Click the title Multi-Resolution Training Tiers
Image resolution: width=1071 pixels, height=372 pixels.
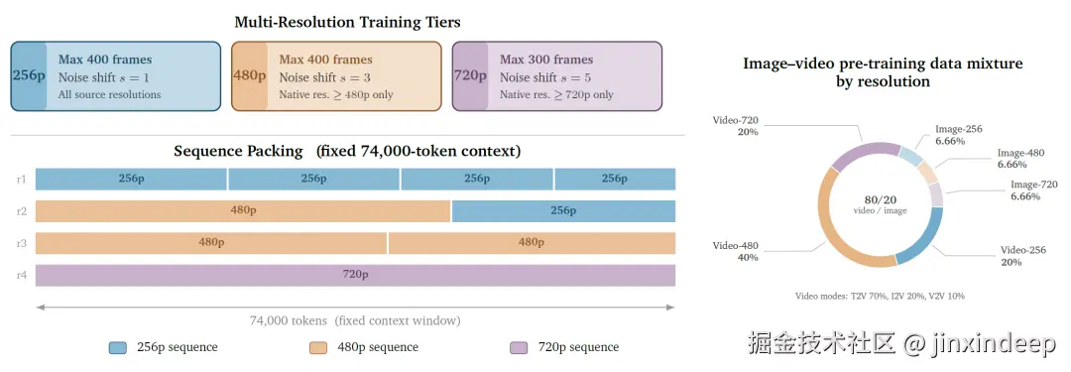(x=347, y=22)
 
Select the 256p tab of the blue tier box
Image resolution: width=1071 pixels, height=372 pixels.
(x=28, y=76)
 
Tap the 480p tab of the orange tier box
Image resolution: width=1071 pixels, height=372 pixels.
(x=249, y=76)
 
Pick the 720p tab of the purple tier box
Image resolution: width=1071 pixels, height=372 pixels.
(x=470, y=76)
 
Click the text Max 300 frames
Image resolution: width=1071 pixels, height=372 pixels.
(x=546, y=60)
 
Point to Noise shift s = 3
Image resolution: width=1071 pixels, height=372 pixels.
(x=324, y=77)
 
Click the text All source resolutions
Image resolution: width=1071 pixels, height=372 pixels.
(x=109, y=94)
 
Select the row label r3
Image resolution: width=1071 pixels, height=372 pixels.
(x=22, y=243)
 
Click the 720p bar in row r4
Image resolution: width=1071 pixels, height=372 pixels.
(x=355, y=275)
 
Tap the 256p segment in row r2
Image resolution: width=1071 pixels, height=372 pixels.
(x=563, y=211)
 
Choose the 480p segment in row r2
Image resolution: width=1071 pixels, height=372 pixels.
(x=243, y=211)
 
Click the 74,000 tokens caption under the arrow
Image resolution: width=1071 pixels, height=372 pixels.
(x=355, y=320)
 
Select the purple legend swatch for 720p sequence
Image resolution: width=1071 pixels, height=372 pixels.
(x=519, y=348)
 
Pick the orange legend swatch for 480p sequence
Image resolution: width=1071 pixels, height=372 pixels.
(x=319, y=348)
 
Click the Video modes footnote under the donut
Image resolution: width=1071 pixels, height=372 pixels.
(x=880, y=296)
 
